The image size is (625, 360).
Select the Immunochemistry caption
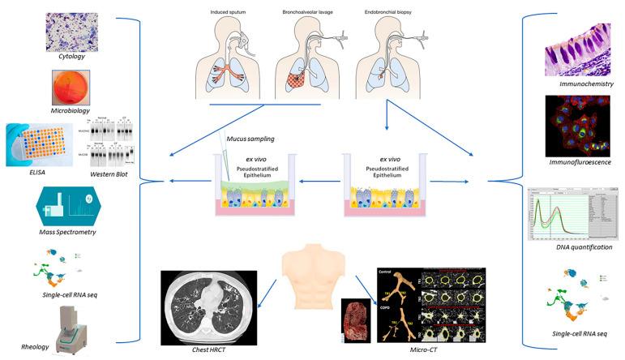click(581, 83)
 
